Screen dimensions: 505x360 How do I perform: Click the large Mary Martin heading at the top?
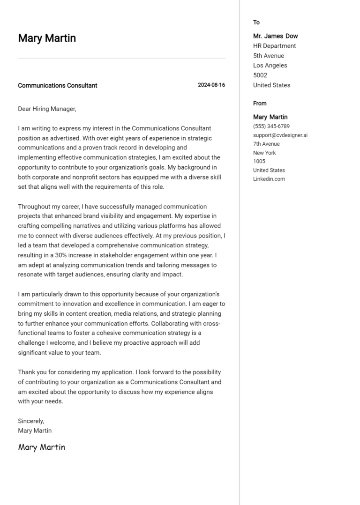point(47,38)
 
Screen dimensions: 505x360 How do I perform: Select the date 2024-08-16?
point(211,85)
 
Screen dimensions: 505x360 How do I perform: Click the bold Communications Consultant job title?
point(58,85)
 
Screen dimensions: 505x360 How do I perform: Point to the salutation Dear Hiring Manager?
point(47,109)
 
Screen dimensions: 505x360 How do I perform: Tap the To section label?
point(256,22)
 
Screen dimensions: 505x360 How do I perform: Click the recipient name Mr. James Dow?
point(275,36)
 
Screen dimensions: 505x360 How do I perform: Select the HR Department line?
point(274,46)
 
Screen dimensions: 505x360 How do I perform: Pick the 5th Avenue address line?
point(268,56)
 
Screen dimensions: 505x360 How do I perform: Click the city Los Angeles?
point(270,66)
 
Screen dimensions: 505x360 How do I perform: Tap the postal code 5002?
point(260,75)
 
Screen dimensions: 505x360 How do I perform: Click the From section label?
point(260,103)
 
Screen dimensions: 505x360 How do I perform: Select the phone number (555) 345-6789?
point(271,126)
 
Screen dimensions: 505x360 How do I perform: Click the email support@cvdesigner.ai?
point(280,135)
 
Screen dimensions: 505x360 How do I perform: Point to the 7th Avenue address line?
point(266,144)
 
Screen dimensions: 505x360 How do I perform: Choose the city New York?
point(264,153)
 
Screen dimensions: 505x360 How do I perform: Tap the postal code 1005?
point(259,161)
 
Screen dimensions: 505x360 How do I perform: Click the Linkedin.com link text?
point(269,179)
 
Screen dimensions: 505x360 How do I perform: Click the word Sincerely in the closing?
point(31,421)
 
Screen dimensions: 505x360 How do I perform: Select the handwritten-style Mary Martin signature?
point(42,447)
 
